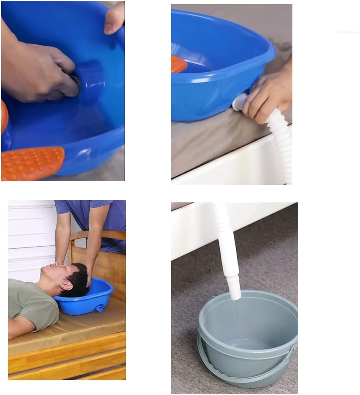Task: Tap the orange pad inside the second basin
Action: (178, 64)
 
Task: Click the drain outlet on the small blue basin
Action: (99, 308)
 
